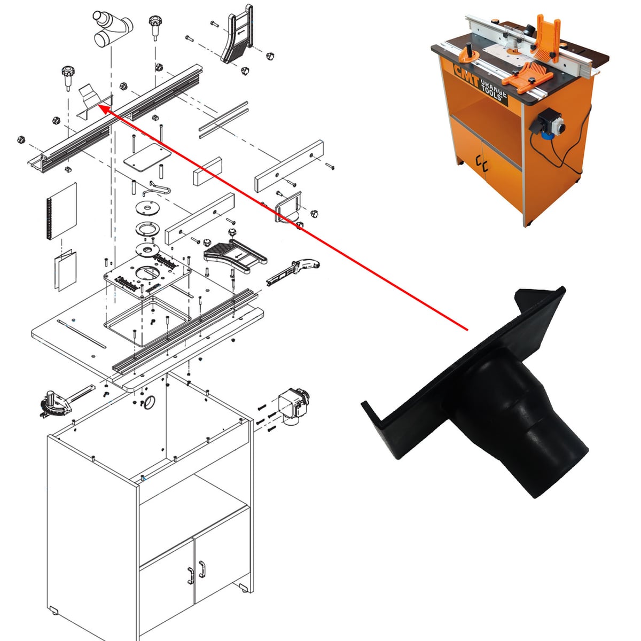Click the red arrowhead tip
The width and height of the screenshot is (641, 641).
click(x=99, y=105)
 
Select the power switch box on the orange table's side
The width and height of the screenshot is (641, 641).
click(x=548, y=123)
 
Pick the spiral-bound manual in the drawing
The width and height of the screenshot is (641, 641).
click(x=61, y=210)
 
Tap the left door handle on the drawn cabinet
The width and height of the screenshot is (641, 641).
click(x=190, y=575)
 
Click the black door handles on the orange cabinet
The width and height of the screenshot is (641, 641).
click(x=482, y=164)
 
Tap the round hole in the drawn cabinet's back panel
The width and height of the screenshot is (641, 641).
click(x=150, y=402)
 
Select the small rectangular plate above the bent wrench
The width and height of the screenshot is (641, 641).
click(x=147, y=158)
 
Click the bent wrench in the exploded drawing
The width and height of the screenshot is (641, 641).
click(x=157, y=189)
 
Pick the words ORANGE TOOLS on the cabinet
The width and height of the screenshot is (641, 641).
click(x=494, y=89)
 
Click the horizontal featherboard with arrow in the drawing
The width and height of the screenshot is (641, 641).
click(x=235, y=255)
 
